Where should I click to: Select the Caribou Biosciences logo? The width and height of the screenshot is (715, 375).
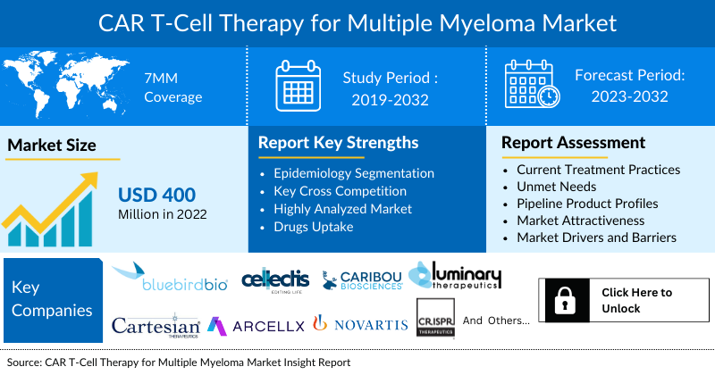(363, 281)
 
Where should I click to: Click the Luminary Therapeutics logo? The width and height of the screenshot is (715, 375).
(456, 276)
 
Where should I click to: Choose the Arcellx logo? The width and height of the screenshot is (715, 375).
(256, 327)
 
